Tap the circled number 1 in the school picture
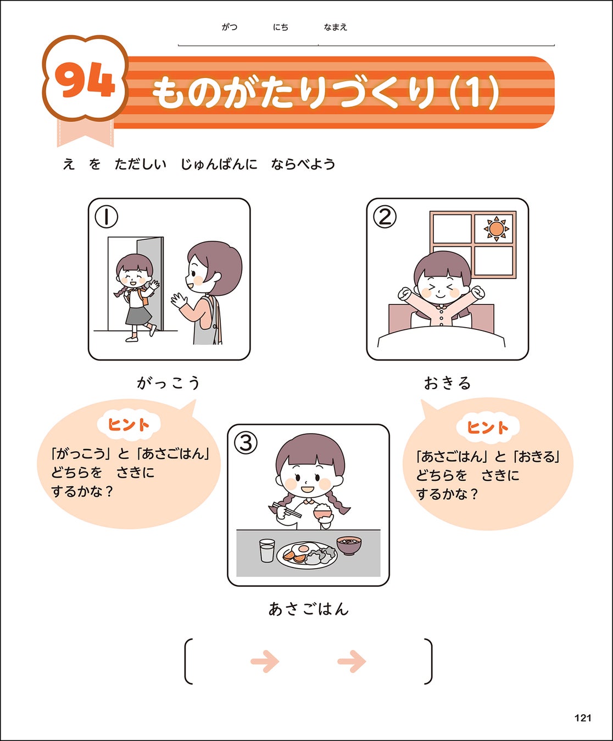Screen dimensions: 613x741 coord(106,217)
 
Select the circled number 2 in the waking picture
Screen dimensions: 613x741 coord(384,217)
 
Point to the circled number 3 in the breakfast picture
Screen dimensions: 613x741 coord(246,444)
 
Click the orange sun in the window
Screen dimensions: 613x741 coord(496,229)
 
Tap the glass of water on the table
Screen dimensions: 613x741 coord(267,550)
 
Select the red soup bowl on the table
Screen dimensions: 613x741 coord(349,546)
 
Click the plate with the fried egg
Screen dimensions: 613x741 coord(307,555)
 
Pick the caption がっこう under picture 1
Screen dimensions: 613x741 coord(169,383)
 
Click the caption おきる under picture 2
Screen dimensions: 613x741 coord(447,383)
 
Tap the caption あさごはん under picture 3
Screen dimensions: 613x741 coord(308,609)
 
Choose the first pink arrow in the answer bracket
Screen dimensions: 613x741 coord(265,661)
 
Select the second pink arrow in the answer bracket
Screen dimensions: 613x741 coord(352,661)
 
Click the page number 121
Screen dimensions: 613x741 coord(583,717)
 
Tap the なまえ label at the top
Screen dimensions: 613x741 coord(335,27)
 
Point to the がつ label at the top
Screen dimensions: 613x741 coord(230,27)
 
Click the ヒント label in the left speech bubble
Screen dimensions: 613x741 coord(129,424)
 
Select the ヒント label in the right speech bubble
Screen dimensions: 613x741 coord(488,427)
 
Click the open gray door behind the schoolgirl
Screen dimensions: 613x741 coord(151,284)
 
